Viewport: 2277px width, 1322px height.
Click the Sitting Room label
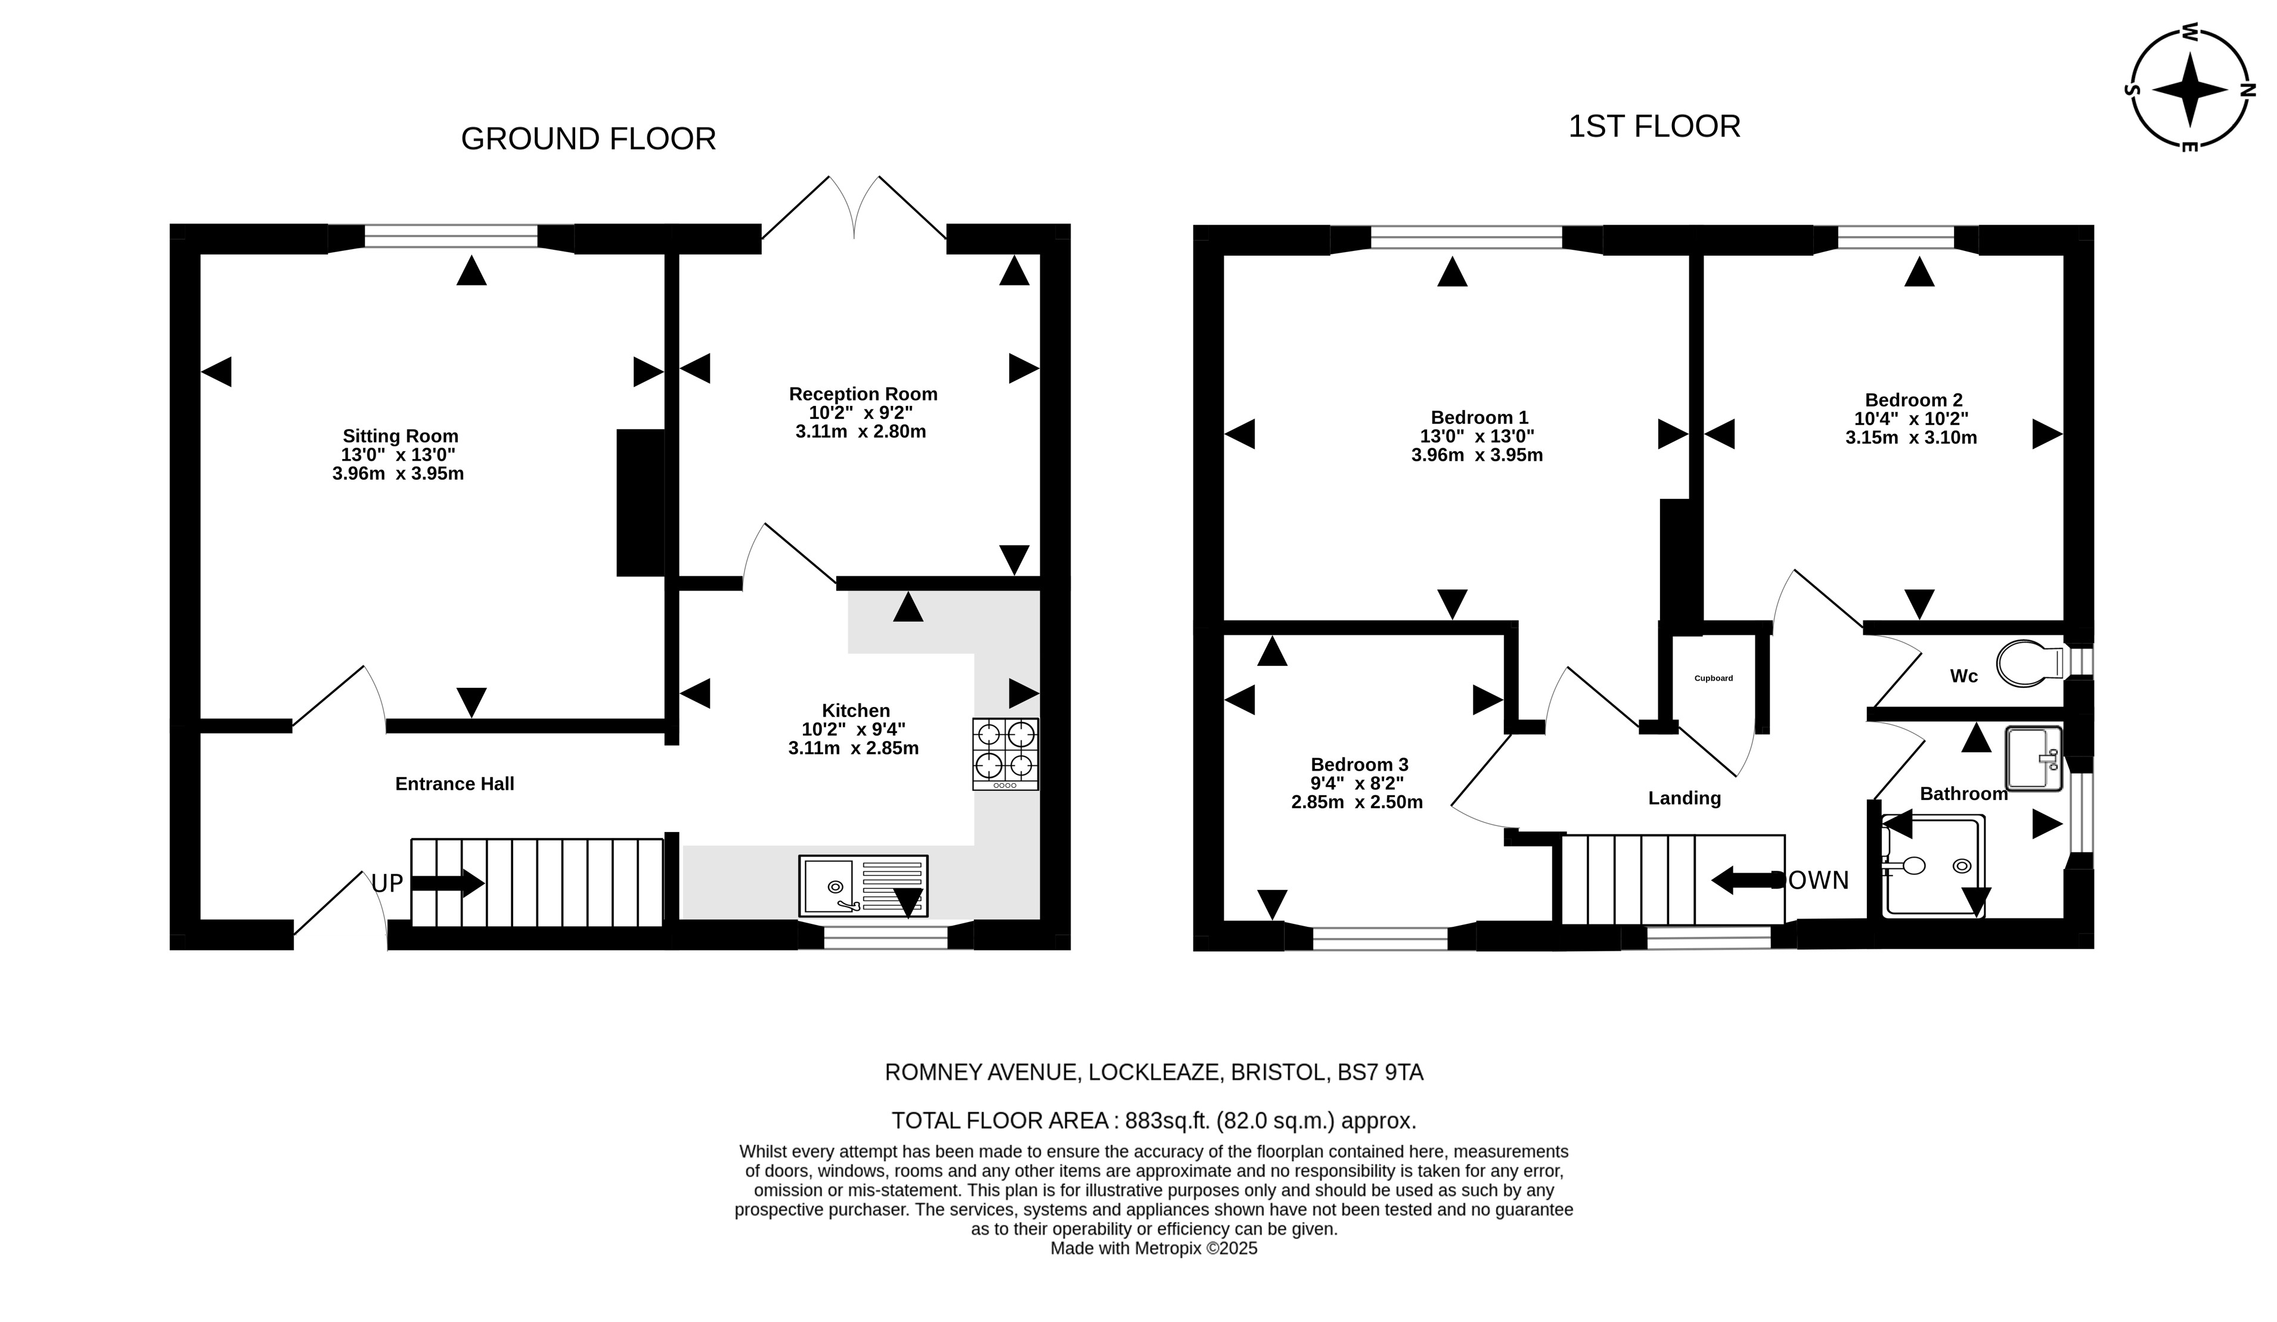pos(401,436)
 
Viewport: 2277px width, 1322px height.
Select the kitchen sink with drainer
pos(863,886)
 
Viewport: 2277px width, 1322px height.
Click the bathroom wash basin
pos(2033,758)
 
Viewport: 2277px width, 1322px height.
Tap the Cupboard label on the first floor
pos(1713,678)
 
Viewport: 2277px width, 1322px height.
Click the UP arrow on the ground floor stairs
pos(447,883)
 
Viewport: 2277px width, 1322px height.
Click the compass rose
pos(2189,89)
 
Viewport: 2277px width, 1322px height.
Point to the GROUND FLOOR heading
pos(588,139)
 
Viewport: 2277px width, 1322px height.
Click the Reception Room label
pos(863,394)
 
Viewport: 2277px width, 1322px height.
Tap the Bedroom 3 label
pos(1359,765)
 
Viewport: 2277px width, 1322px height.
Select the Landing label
pos(1685,799)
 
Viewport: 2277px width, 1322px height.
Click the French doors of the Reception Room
pos(854,208)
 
